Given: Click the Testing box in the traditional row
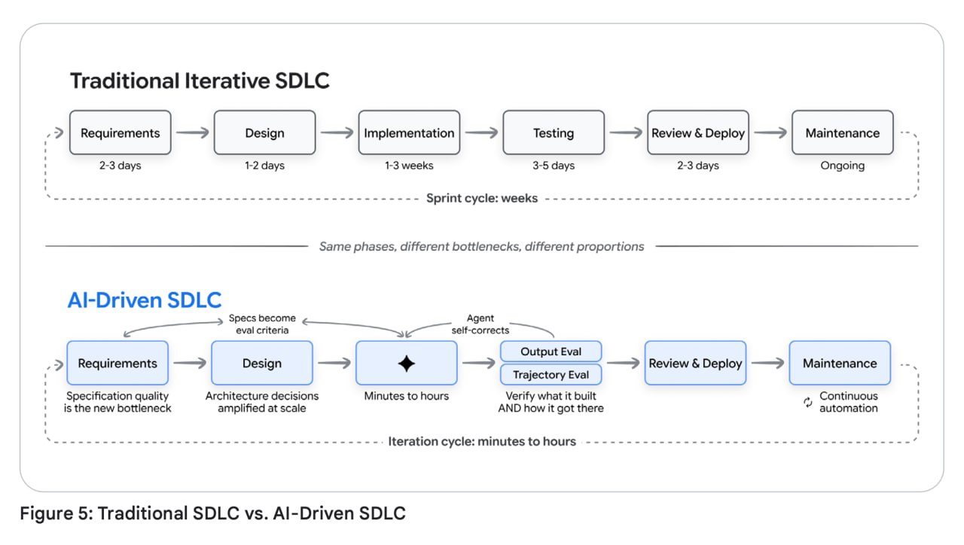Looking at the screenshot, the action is coord(554,132).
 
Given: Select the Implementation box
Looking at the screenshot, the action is coord(409,132).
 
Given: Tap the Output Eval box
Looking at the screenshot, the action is coord(551,352).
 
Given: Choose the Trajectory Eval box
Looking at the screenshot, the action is coord(551,375).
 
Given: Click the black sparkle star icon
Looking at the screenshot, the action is coord(406,364).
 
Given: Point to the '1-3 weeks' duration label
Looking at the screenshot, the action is coord(409,166).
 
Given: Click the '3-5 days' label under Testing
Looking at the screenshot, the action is coord(554,166).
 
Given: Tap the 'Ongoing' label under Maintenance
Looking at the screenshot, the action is coord(842,166).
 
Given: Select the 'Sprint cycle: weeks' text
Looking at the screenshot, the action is coord(482,198).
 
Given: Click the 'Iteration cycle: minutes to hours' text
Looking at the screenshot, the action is coord(482,442).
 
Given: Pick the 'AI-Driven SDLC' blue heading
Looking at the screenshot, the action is coord(145,300).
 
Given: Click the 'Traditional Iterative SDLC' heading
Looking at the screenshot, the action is coord(200,81).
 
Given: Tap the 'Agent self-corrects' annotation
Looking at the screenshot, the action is coord(480,324).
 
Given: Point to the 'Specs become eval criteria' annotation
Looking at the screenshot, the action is coord(262,324).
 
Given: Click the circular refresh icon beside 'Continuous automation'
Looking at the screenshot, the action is coord(808,402).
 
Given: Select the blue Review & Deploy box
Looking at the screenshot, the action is coord(695,363).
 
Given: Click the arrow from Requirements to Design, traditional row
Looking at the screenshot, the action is coord(192,132).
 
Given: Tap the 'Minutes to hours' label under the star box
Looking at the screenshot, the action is coord(406,396).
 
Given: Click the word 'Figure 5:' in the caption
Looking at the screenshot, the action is coord(56,513).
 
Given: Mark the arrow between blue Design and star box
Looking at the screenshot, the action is coord(334,364).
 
